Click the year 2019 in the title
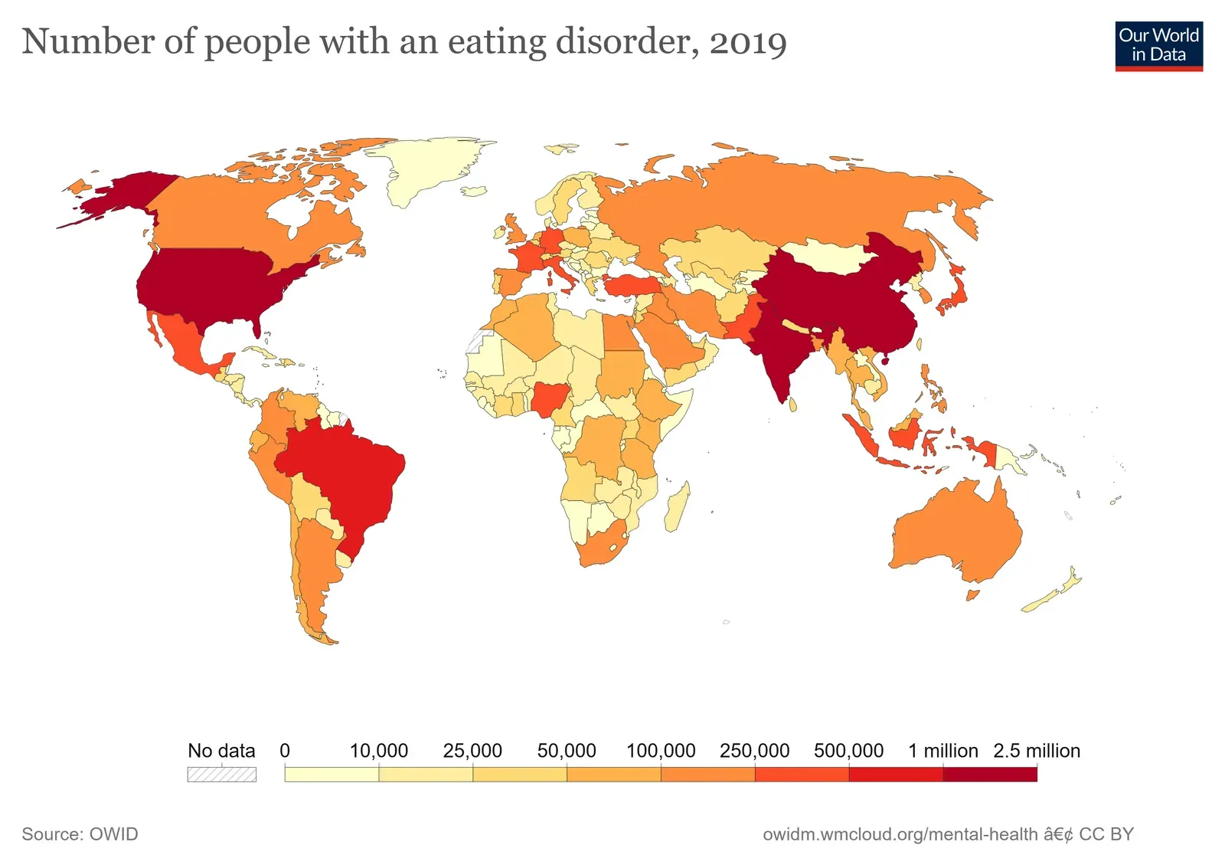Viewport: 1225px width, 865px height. pyautogui.click(x=747, y=42)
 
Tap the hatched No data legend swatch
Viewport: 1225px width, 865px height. pyautogui.click(x=221, y=775)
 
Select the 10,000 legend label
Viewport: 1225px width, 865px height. pyautogui.click(x=378, y=751)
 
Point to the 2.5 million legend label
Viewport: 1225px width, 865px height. pyautogui.click(x=1036, y=751)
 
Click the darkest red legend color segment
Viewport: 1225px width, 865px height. pyautogui.click(x=989, y=775)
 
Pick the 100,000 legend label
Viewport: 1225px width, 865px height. pyautogui.click(x=660, y=751)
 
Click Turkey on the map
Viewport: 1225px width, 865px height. pyautogui.click(x=632, y=287)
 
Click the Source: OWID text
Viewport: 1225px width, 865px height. pyautogui.click(x=80, y=834)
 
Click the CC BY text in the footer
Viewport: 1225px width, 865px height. pyautogui.click(x=1106, y=834)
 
